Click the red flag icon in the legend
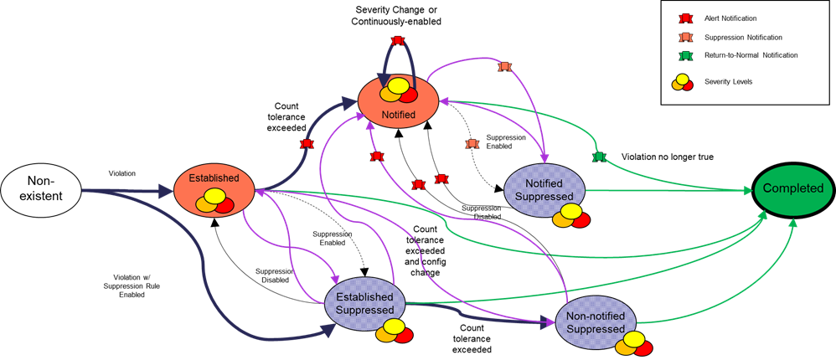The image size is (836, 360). [685, 18]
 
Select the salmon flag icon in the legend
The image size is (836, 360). [685, 38]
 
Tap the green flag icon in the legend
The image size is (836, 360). [685, 57]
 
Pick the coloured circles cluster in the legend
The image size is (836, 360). [683, 82]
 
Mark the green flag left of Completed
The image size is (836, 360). [599, 157]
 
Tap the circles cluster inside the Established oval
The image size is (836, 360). [214, 201]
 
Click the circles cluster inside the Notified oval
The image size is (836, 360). [398, 90]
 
